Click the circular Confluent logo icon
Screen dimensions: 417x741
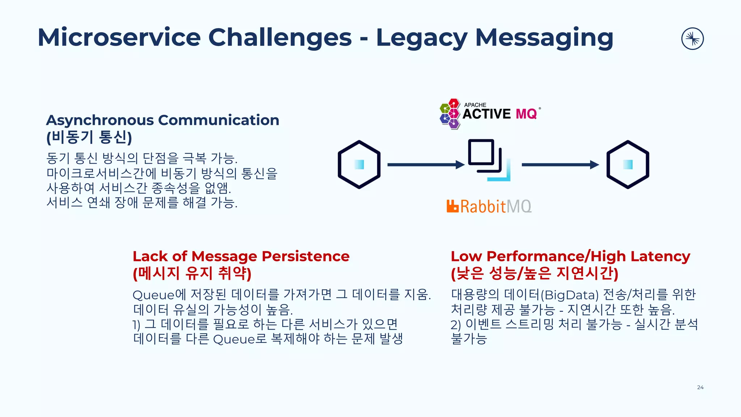pyautogui.click(x=692, y=39)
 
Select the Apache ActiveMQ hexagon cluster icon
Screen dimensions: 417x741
pyautogui.click(x=450, y=114)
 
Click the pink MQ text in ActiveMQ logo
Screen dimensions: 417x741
pyautogui.click(x=526, y=114)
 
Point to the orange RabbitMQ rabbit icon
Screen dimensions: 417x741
pyautogui.click(x=453, y=206)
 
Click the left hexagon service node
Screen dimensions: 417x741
pyautogui.click(x=359, y=164)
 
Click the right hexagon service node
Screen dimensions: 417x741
pyautogui.click(x=628, y=164)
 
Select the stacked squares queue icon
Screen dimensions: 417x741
pyautogui.click(x=488, y=160)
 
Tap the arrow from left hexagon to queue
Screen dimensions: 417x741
pyautogui.click(x=425, y=165)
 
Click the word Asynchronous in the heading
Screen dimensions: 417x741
pyautogui.click(x=100, y=121)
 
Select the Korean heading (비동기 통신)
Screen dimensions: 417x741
pyautogui.click(x=89, y=137)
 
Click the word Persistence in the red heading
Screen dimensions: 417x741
pyautogui.click(x=305, y=256)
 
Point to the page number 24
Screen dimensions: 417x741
pyautogui.click(x=700, y=387)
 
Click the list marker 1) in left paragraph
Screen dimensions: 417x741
pyautogui.click(x=136, y=325)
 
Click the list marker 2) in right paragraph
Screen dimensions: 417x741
pyautogui.click(x=456, y=325)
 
